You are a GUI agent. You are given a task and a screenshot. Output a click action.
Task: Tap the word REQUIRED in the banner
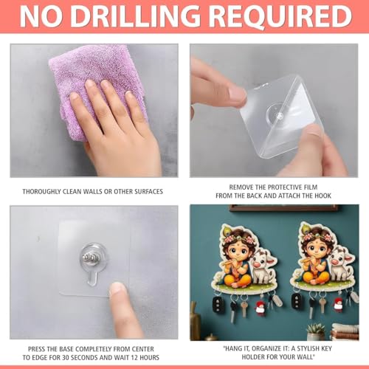point(281,16)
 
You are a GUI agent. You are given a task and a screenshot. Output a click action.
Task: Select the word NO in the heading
point(41,16)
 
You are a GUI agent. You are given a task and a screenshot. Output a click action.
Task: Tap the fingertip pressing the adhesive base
point(117,290)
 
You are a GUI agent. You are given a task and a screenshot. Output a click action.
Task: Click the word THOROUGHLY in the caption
point(41,192)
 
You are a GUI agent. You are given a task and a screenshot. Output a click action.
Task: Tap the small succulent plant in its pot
point(316,331)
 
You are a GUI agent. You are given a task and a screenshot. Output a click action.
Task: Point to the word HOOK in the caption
point(323,196)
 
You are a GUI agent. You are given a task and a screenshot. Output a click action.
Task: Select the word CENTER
point(143,349)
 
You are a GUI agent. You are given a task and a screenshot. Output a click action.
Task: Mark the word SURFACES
point(148,192)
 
